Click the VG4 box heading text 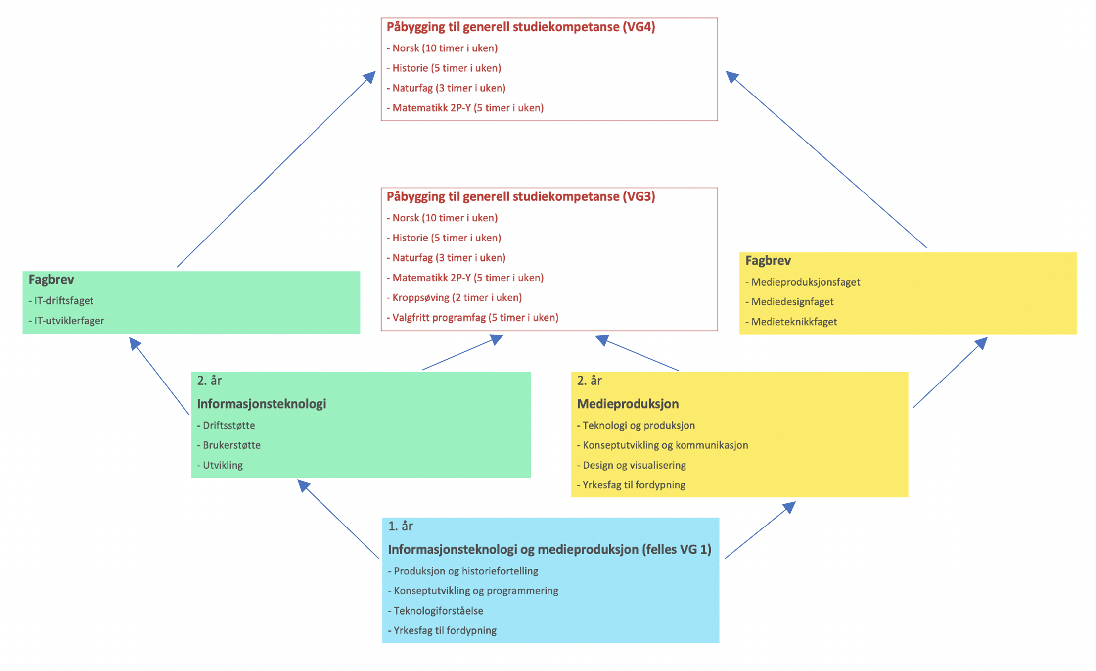pos(520,27)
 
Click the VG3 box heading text pos(520,196)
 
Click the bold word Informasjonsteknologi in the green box pos(261,404)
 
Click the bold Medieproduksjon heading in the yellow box pos(627,404)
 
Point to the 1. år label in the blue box pos(400,526)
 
